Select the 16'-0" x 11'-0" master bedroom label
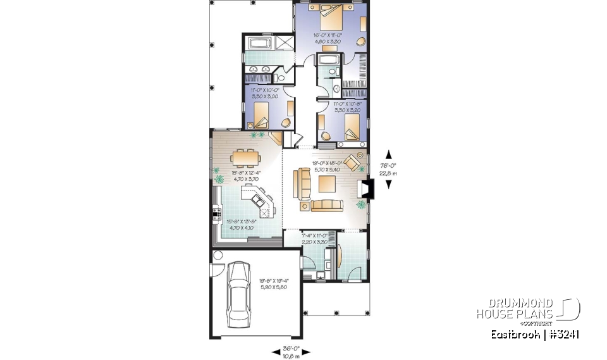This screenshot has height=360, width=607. point(329,37)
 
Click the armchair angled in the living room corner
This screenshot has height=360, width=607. point(354,163)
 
